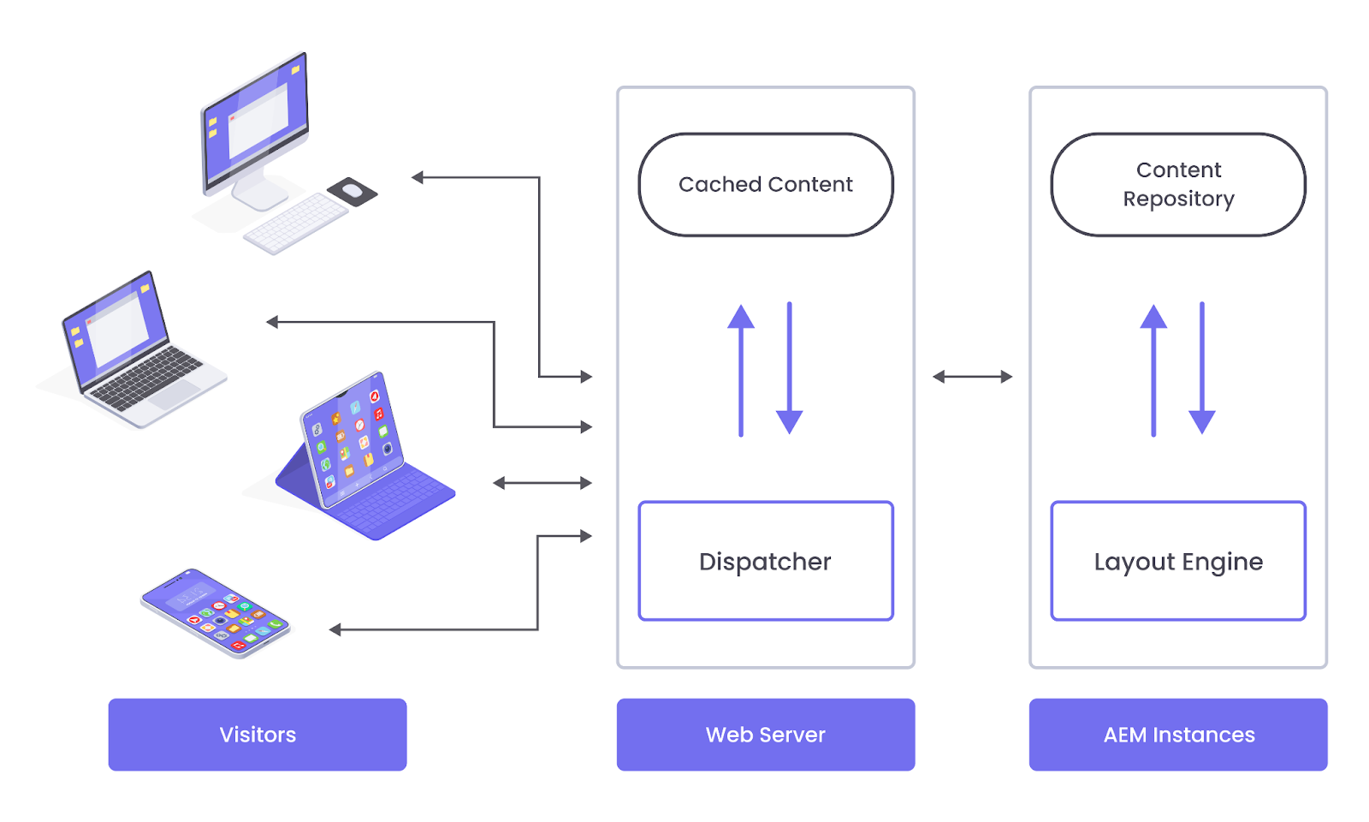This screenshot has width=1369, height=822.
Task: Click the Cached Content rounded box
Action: [766, 184]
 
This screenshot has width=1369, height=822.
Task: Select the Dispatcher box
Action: [766, 561]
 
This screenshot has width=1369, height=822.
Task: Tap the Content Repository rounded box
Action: [1178, 184]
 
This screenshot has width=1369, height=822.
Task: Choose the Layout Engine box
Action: [1178, 561]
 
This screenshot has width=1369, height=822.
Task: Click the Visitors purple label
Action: [258, 735]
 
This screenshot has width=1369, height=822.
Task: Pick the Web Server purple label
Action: [766, 735]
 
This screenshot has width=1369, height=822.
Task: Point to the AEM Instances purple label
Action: [1178, 735]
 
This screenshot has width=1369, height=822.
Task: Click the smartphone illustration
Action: [215, 612]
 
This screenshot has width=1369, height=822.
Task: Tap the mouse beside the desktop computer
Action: [353, 191]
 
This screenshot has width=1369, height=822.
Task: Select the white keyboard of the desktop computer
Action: [295, 223]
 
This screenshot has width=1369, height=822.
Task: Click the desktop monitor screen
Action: [256, 120]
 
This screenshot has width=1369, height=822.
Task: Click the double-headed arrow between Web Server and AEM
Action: [972, 376]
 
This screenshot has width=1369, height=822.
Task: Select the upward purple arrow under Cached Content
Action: [741, 368]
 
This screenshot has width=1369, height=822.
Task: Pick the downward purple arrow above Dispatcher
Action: [789, 368]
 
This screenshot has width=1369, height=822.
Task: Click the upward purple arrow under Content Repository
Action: [1153, 368]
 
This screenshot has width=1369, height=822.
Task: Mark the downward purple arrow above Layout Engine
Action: [1202, 368]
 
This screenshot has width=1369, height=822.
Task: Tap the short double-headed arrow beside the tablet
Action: [542, 483]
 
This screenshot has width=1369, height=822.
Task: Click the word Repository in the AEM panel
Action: [1178, 200]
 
